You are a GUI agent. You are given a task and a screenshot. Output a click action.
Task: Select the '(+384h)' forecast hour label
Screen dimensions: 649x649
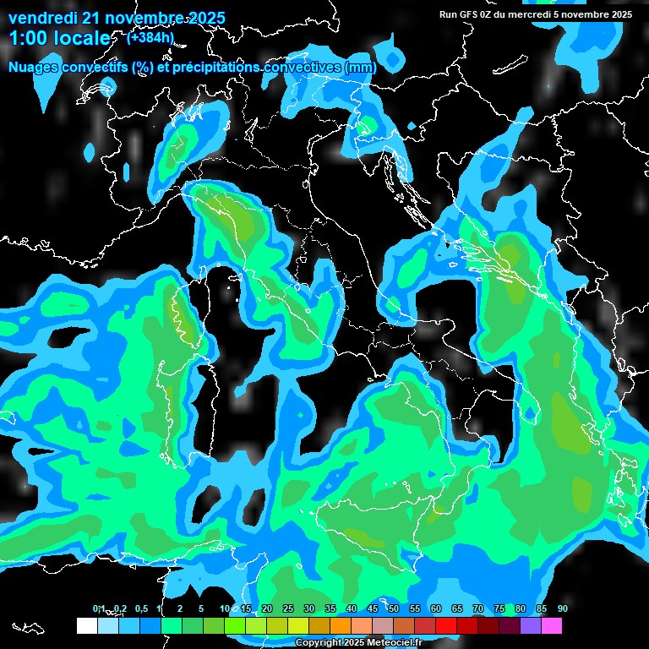click(150, 37)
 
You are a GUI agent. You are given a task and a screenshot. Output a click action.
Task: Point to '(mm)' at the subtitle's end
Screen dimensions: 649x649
click(361, 67)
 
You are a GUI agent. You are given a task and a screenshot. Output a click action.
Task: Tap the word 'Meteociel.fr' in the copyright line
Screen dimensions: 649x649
click(396, 643)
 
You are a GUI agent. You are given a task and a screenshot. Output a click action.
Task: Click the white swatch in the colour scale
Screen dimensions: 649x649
click(86, 625)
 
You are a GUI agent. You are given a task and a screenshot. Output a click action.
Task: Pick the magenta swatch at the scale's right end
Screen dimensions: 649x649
click(551, 625)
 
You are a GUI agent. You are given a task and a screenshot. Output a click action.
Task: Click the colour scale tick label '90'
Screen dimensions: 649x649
click(563, 608)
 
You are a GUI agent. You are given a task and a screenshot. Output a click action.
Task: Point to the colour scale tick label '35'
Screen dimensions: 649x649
click(330, 608)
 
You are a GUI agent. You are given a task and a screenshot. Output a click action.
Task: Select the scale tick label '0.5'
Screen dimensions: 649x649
click(140, 608)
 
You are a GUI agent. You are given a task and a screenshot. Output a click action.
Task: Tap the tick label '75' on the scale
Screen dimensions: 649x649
click(499, 608)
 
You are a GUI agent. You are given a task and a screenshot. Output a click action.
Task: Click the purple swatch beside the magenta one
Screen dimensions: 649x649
click(530, 625)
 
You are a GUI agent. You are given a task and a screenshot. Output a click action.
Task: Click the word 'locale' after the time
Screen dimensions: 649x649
click(82, 39)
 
